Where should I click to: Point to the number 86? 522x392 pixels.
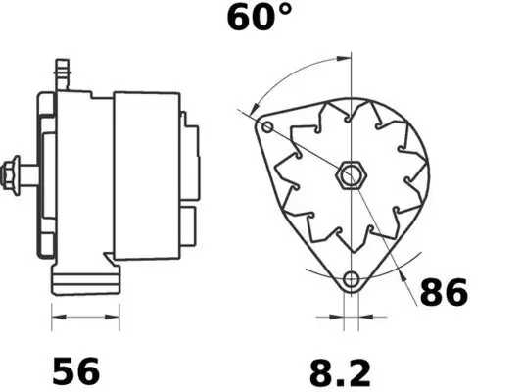pyautogui.click(x=443, y=292)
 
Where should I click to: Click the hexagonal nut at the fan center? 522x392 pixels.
pyautogui.click(x=348, y=177)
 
